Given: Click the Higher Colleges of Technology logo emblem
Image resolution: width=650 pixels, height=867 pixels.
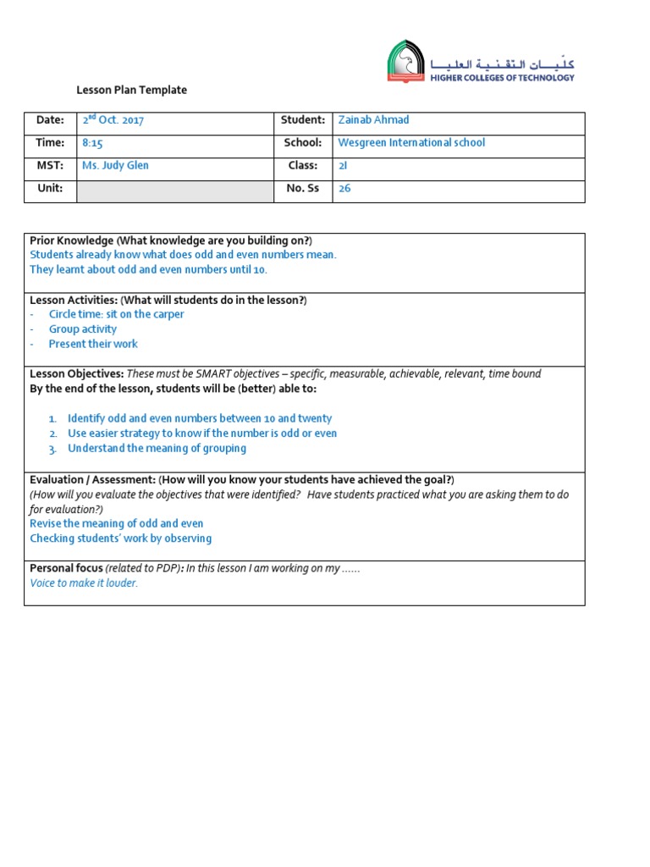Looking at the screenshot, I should [x=407, y=61].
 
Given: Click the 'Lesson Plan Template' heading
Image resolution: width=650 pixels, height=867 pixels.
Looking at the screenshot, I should [x=131, y=90].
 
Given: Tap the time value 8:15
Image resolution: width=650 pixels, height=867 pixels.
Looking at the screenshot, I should [x=92, y=143].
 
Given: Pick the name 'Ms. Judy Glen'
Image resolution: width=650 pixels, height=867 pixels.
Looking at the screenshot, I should [x=115, y=166].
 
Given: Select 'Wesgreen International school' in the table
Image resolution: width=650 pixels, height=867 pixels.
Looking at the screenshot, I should [x=411, y=143].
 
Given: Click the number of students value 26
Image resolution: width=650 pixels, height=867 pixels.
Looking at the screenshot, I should [x=344, y=189].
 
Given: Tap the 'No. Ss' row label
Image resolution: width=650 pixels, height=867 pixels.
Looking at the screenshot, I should [x=302, y=189].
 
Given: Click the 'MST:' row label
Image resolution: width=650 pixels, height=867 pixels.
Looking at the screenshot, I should [x=49, y=166].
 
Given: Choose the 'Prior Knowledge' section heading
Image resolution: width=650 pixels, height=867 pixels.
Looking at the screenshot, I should [x=72, y=240].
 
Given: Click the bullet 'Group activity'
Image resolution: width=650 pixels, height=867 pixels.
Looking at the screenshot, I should [x=83, y=329].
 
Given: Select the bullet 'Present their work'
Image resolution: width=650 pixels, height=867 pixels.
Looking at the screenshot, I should [x=93, y=344].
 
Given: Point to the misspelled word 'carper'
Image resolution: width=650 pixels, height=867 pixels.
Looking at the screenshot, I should [x=168, y=314].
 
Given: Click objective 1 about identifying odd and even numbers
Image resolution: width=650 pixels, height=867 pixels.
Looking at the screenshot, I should [x=200, y=418].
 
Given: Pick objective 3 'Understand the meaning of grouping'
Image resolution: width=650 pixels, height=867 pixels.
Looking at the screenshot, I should [x=157, y=448].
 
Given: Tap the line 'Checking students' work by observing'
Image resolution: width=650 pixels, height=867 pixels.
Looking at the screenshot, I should [x=121, y=538].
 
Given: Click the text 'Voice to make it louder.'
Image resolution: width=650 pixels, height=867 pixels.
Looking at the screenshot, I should [x=84, y=583].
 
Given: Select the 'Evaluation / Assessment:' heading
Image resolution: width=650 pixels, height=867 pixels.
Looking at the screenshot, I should [x=92, y=479].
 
